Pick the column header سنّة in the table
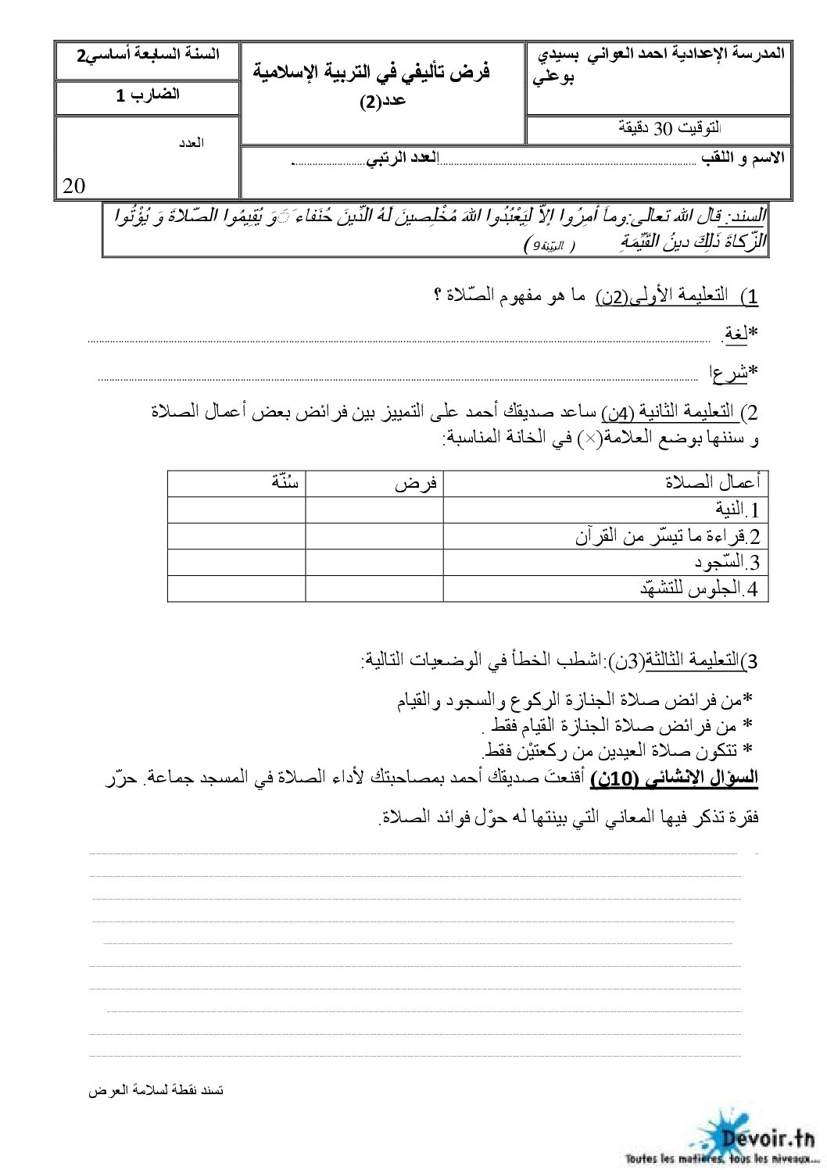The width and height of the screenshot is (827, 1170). pyautogui.click(x=274, y=482)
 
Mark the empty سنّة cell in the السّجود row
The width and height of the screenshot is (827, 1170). pyautogui.click(x=236, y=563)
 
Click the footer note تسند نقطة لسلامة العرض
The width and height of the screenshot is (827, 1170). pyautogui.click(x=157, y=1089)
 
